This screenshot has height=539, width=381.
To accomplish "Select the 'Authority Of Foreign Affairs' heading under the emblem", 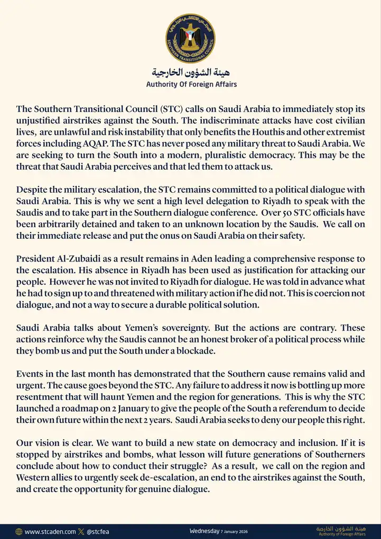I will point(191,84).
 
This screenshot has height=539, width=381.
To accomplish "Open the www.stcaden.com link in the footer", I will point(50,531).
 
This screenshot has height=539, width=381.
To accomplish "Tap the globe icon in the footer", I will point(19,531).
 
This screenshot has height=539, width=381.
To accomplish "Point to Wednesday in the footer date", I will point(205,530).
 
